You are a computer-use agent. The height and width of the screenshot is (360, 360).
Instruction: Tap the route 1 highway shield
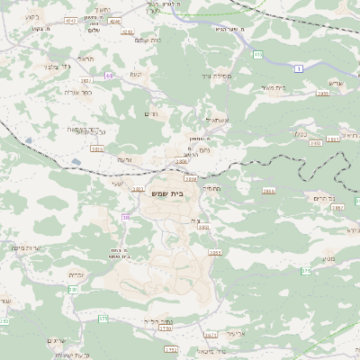297,67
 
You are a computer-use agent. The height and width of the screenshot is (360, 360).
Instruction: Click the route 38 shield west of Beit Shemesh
126,217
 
